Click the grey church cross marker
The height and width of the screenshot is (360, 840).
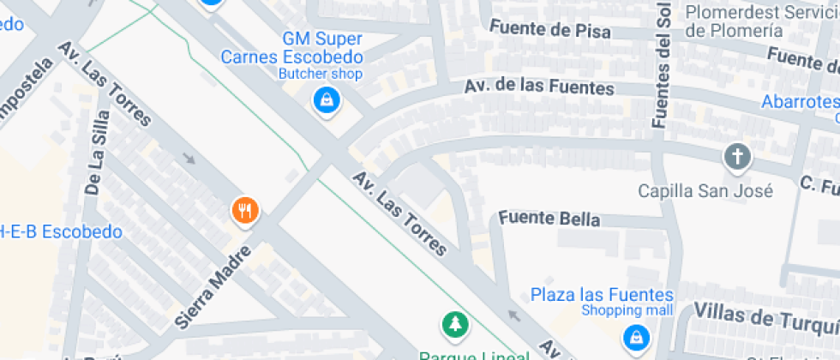(x=736, y=158)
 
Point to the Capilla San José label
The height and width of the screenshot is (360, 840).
(x=705, y=190)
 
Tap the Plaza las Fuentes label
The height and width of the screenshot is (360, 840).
(x=602, y=295)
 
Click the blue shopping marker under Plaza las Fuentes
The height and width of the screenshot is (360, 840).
(x=635, y=336)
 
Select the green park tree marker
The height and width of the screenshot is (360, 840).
(x=456, y=325)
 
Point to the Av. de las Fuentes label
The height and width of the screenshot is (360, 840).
(x=539, y=87)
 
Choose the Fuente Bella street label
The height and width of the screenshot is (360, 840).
(x=549, y=219)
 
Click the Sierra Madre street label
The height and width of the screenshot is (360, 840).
(x=212, y=287)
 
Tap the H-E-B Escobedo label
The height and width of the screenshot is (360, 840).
(x=61, y=231)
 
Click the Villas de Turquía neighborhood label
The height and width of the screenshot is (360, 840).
(x=765, y=315)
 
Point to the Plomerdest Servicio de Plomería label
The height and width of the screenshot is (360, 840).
(x=761, y=21)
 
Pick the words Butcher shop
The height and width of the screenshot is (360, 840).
(x=321, y=74)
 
